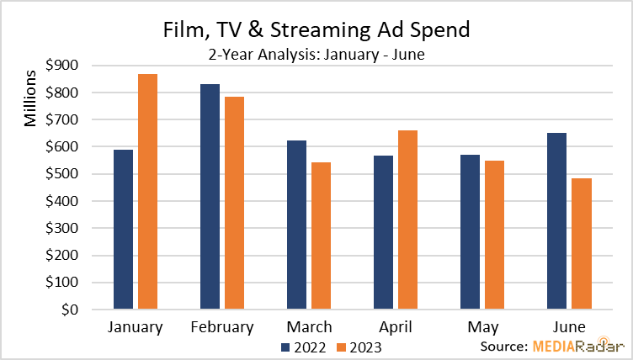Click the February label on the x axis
[x=222, y=327]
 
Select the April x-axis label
[x=396, y=327]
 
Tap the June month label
[x=569, y=327]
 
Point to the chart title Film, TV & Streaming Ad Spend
[x=316, y=30]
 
